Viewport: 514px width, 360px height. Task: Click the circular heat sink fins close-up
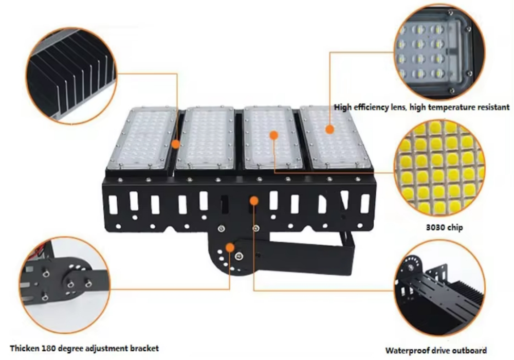71,76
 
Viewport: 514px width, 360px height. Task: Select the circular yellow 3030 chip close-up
439,168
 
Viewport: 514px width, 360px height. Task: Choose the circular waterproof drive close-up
439,288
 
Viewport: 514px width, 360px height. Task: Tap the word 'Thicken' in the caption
25,348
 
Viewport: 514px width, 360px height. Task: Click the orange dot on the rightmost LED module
330,129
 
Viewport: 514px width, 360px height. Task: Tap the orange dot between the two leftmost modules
176,144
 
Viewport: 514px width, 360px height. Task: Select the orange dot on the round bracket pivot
230,247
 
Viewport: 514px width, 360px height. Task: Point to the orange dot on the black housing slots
254,201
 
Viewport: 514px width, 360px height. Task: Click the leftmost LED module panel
142,138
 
